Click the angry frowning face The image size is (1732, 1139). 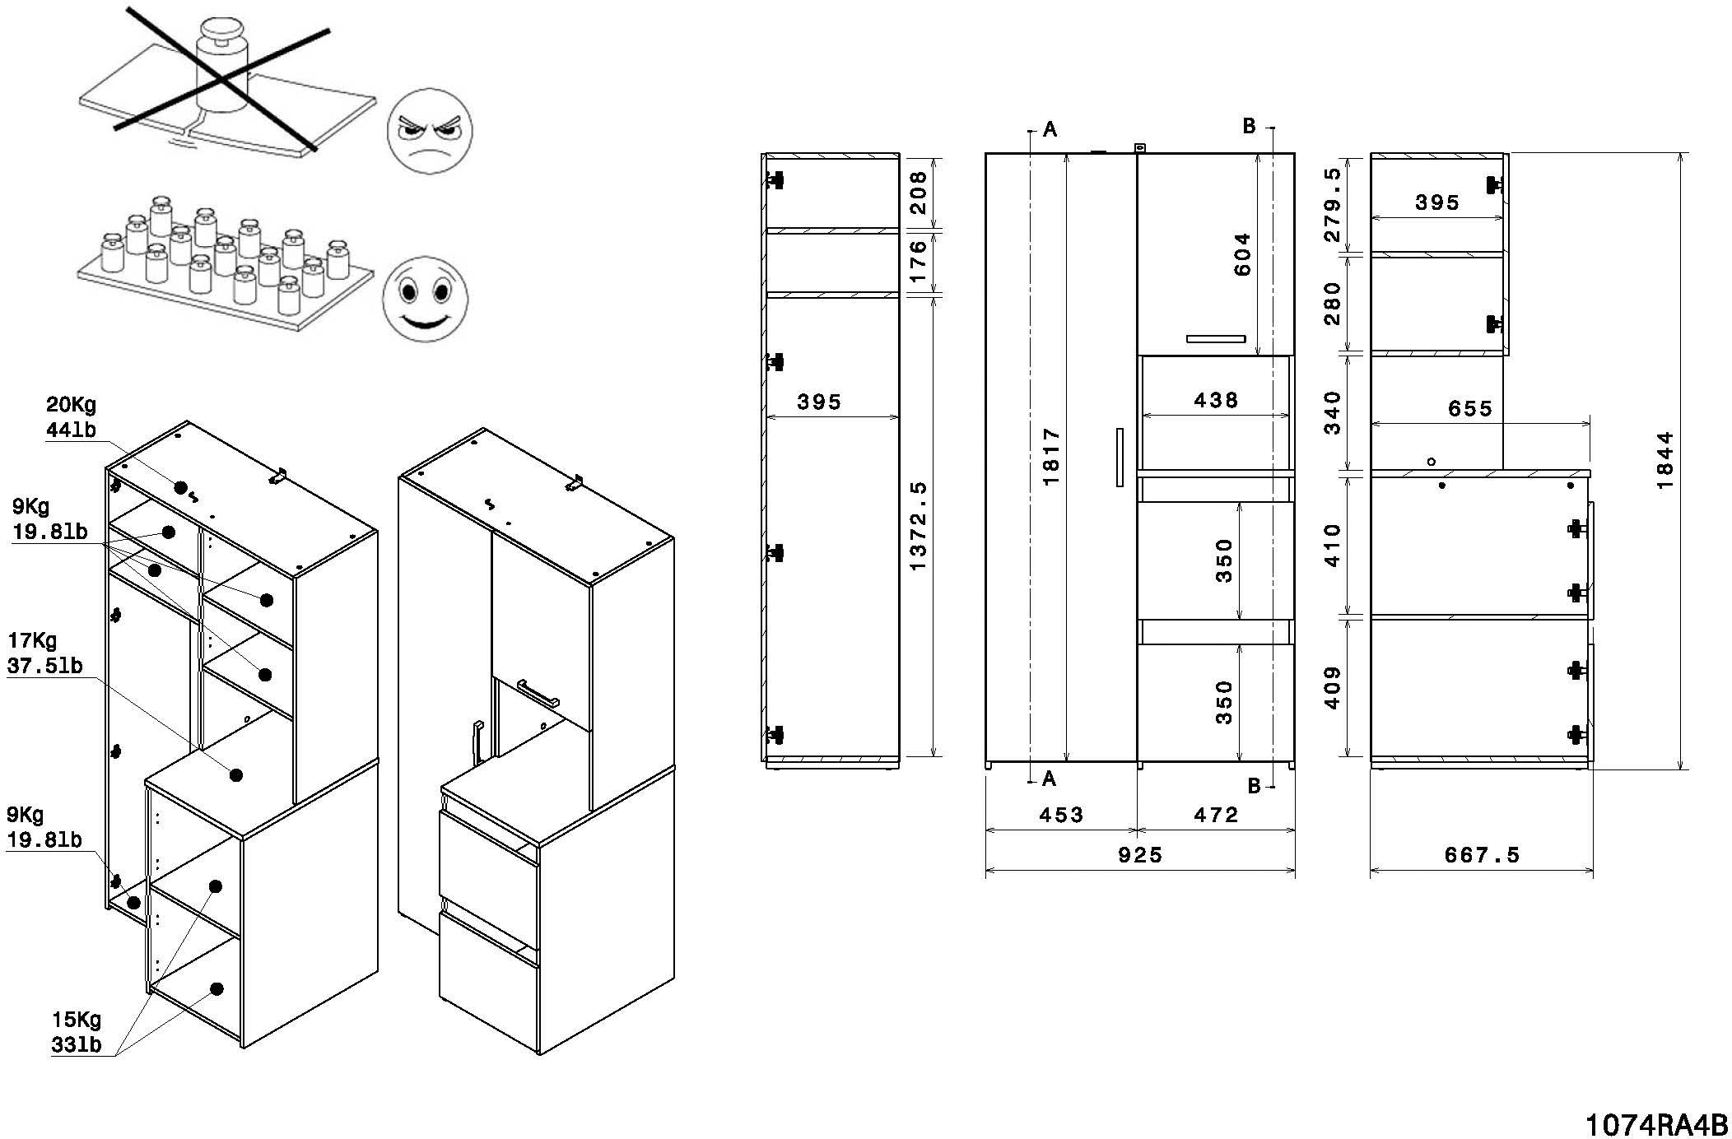[429, 131]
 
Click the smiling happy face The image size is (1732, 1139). [425, 300]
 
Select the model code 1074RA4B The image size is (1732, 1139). [1656, 1124]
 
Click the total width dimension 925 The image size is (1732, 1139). [1140, 855]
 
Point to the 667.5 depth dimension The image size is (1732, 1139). [1482, 855]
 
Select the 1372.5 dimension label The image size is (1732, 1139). [919, 527]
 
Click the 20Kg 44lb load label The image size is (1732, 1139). [71, 416]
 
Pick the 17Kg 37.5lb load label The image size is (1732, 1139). [44, 653]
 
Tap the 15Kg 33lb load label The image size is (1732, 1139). [77, 1032]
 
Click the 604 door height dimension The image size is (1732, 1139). [1242, 254]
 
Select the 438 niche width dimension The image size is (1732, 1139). [1215, 401]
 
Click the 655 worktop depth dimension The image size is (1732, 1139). [1469, 409]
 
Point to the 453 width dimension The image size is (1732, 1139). [1060, 816]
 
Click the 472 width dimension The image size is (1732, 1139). [1215, 816]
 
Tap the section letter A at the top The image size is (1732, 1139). [1050, 129]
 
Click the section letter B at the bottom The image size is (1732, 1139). [1254, 786]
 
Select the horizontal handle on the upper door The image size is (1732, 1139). [1216, 338]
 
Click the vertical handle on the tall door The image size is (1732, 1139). [1119, 457]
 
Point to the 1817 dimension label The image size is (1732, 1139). [1051, 457]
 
